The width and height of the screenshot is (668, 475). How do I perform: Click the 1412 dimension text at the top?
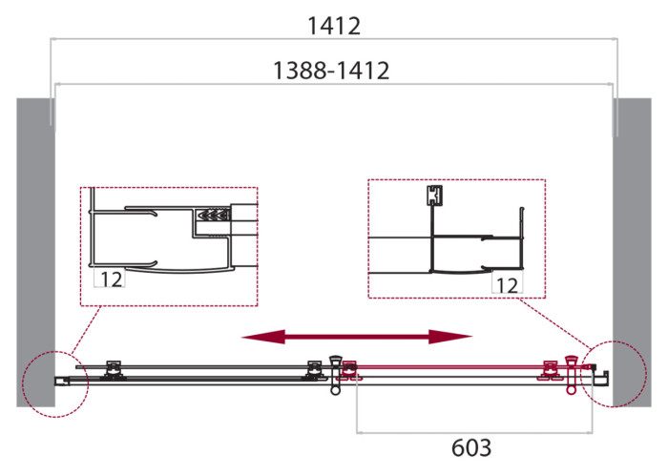[x=333, y=26]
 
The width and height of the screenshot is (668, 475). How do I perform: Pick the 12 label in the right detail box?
[x=506, y=284]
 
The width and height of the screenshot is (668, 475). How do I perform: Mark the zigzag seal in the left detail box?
[x=214, y=216]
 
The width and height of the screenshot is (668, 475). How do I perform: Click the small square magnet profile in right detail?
[x=434, y=196]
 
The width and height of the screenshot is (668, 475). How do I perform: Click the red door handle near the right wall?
[x=571, y=372]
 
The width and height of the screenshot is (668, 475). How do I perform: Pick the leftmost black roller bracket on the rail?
[x=114, y=369]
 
